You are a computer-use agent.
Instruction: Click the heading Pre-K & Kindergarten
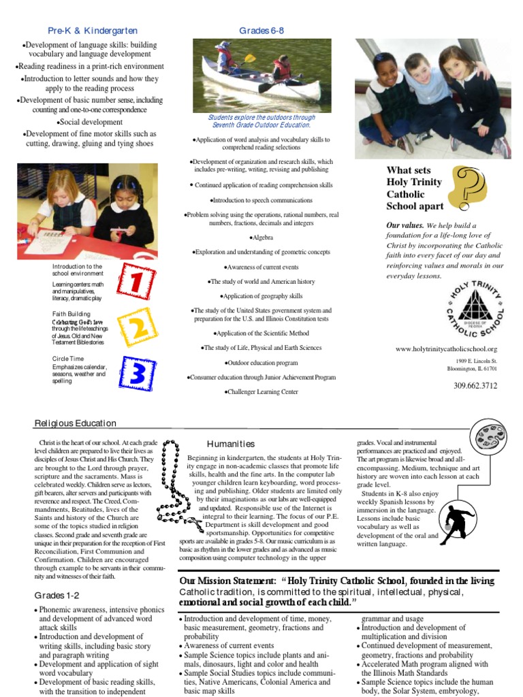93,31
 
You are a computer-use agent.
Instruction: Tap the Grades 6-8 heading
261,31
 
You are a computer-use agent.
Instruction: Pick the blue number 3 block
136,374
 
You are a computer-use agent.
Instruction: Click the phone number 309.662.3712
475,386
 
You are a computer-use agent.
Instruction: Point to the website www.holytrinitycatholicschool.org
451,349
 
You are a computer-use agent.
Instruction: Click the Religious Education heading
76,423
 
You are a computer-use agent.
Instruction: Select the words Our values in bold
405,225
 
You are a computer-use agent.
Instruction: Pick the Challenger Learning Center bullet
261,393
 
